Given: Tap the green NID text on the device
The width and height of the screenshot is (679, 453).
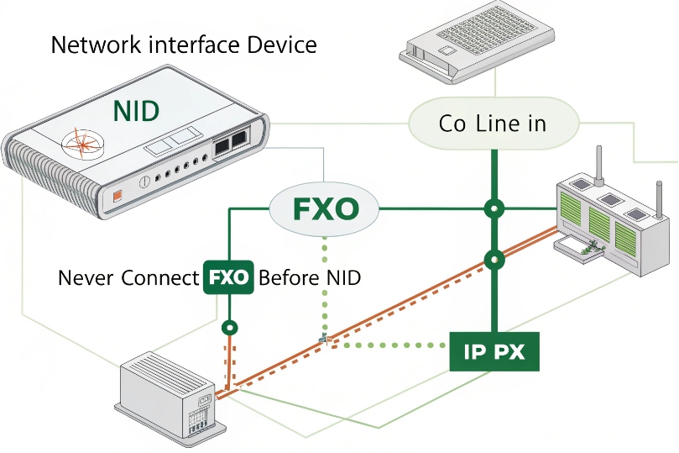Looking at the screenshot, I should (136, 109).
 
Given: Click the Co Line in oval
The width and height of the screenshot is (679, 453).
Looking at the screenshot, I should (493, 124).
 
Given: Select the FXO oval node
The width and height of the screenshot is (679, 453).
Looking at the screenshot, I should (325, 208).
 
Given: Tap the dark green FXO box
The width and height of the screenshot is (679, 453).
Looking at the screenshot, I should (229, 278).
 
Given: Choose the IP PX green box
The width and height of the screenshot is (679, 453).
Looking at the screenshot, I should (494, 352).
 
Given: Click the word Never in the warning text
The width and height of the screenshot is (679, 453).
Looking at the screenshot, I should (86, 278).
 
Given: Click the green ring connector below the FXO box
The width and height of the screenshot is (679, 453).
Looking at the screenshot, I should (229, 327).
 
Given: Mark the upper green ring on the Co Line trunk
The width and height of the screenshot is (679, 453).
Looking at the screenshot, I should (494, 208).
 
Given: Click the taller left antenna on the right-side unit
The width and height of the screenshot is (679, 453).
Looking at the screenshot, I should (600, 165).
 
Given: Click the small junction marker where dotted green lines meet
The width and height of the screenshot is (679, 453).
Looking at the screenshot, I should (324, 340).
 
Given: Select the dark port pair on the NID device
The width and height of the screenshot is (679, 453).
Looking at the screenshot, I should (230, 145).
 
